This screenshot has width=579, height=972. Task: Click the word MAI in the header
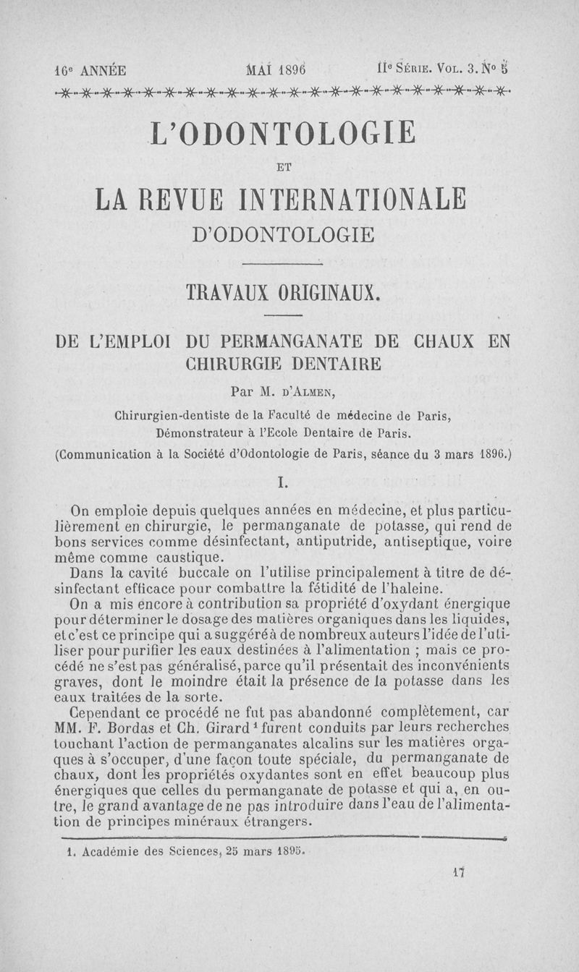pos(258,71)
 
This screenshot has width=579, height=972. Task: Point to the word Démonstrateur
pos(200,434)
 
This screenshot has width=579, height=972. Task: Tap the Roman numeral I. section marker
pos(283,481)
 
